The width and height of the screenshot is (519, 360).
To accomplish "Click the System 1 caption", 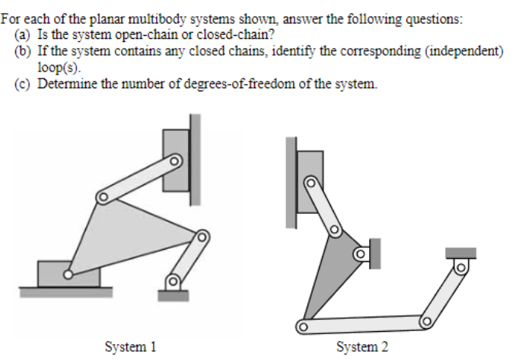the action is pyautogui.click(x=130, y=347).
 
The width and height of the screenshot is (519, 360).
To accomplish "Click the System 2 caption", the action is pyautogui.click(x=362, y=347).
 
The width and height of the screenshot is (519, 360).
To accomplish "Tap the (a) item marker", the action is pyautogui.click(x=22, y=34).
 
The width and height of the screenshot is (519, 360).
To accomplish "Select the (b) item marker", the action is pyautogui.click(x=22, y=51).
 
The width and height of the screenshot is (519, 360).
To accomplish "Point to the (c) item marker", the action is pyautogui.click(x=22, y=84).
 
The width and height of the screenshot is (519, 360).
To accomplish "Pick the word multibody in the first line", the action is pyautogui.click(x=158, y=19).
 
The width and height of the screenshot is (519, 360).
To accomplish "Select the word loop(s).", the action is pyautogui.click(x=59, y=67).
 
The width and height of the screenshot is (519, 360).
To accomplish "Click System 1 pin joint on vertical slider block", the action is pyautogui.click(x=174, y=161).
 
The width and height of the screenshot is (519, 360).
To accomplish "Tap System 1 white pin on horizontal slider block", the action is pyautogui.click(x=68, y=275).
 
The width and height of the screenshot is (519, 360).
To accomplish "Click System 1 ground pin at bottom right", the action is pyautogui.click(x=173, y=282).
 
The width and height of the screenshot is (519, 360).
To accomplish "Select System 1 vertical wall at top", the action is pyautogui.click(x=195, y=160).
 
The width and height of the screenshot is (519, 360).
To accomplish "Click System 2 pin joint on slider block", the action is pyautogui.click(x=310, y=183).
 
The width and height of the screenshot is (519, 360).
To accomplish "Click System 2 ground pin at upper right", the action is pyautogui.click(x=460, y=267).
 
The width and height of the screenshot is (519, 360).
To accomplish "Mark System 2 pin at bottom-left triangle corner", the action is pyautogui.click(x=303, y=327).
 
